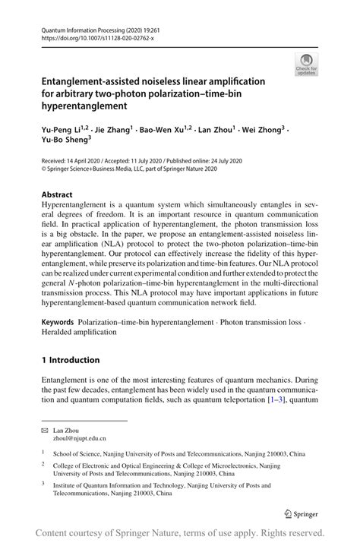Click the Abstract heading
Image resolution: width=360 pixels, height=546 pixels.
point(58,194)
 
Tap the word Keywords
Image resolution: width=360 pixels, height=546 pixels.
point(62,323)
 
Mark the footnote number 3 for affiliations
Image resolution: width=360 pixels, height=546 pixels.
point(44,482)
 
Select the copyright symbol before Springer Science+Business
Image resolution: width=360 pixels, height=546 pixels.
point(44,169)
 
